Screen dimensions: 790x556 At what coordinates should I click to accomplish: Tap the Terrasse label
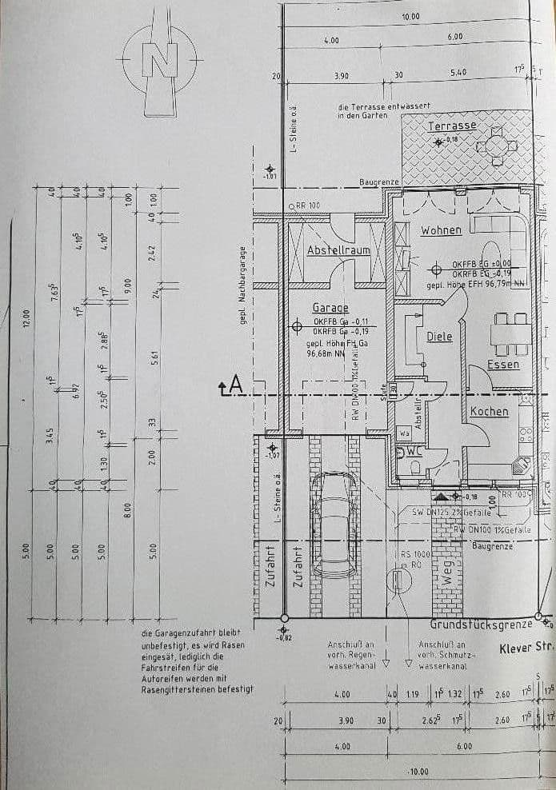click(x=452, y=126)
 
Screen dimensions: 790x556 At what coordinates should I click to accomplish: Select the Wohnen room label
click(x=441, y=230)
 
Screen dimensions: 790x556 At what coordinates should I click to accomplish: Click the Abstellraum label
click(x=338, y=250)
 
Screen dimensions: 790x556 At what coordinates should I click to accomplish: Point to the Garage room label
click(x=330, y=308)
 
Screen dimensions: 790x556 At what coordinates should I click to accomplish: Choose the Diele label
click(x=438, y=337)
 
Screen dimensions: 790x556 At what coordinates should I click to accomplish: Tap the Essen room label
click(x=503, y=365)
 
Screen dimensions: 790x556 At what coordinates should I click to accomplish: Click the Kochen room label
click(x=489, y=411)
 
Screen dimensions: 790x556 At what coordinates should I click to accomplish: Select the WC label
click(x=414, y=451)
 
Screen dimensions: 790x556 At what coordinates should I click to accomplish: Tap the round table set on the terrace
click(x=496, y=146)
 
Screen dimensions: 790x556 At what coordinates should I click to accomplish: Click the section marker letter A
click(x=234, y=386)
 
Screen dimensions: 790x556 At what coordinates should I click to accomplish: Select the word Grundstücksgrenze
click(x=482, y=624)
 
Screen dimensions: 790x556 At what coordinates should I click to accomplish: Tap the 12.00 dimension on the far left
click(x=25, y=317)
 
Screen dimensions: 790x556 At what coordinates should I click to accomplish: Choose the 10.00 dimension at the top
click(x=410, y=16)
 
